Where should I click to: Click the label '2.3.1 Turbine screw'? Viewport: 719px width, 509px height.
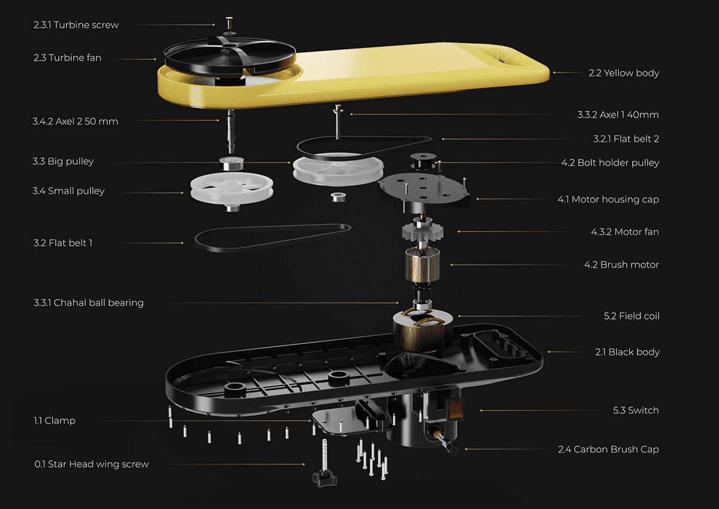tap(75, 25)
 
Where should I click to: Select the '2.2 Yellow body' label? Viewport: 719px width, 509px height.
tap(623, 73)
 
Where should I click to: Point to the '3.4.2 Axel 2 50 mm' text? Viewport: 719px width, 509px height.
tap(75, 122)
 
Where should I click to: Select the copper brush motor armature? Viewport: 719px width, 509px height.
tap(424, 265)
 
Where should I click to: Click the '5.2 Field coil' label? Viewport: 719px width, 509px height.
tap(631, 316)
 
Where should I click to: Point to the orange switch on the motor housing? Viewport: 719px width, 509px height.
tap(457, 410)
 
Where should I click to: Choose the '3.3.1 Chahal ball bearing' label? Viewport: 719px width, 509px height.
tap(88, 303)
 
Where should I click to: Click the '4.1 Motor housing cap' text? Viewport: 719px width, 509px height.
tap(608, 200)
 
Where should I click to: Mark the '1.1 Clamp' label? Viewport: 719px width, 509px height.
tap(55, 421)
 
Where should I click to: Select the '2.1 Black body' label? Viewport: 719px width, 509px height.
tap(627, 353)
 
